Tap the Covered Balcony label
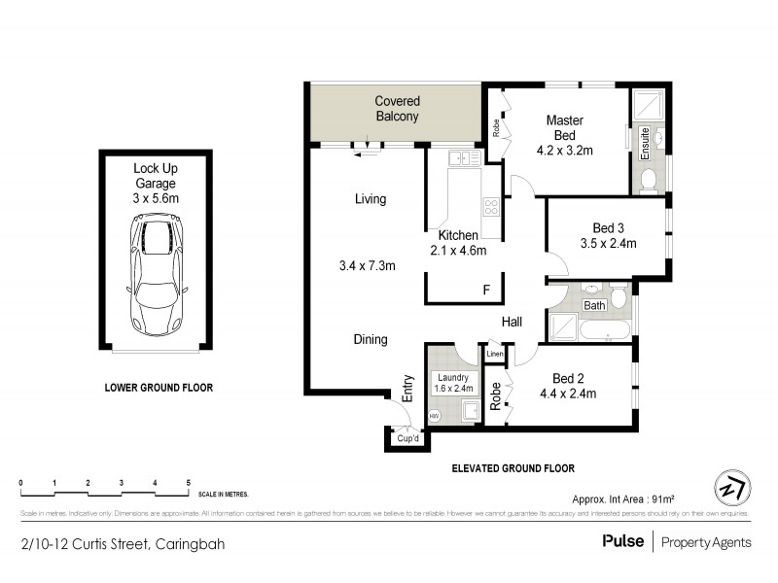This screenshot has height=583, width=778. coord(397,108)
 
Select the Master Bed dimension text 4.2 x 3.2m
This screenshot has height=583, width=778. coord(565,151)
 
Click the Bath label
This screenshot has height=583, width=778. coord(592,306)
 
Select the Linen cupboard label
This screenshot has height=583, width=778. coord(495,355)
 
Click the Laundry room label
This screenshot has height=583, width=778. coord(452,377)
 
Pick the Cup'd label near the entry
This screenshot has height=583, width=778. coord(408,439)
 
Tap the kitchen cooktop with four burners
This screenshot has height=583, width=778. coord(490,206)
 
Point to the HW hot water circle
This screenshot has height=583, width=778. coord(434,415)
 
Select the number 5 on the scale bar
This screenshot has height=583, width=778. coord(188,483)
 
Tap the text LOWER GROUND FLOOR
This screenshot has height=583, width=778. coord(159,388)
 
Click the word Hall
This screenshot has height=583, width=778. coord(513,322)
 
